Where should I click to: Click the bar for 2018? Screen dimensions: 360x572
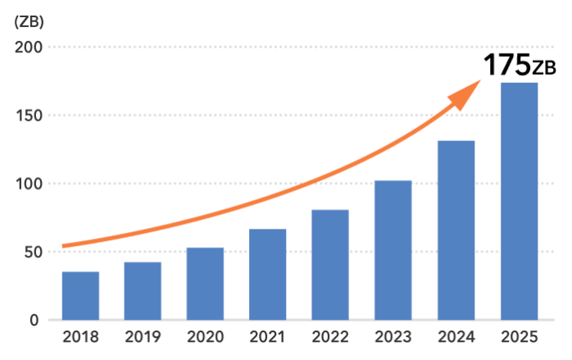coord(80,295)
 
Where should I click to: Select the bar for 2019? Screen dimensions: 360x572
coord(143,290)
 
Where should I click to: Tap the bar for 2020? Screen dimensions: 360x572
coord(205,283)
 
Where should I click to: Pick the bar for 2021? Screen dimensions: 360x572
coord(268,274)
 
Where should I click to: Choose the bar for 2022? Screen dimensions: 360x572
coord(329,264)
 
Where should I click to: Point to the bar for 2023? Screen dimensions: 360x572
coord(393,249)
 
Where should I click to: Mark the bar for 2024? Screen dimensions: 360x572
coord(456,230)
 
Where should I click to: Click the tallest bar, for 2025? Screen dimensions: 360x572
coord(520,201)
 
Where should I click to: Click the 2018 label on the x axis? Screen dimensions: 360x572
coord(80,337)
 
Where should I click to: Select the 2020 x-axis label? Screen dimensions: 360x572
coord(205,337)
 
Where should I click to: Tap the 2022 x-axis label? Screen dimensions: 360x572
coord(329,337)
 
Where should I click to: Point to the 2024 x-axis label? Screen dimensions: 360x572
coord(456,337)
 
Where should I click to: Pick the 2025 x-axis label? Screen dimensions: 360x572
coord(520,337)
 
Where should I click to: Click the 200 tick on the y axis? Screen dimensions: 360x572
coord(29,48)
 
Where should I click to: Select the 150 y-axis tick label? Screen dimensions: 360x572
coord(29,116)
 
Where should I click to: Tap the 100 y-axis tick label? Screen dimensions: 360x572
coord(29,184)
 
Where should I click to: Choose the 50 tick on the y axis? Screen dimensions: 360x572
coord(33,252)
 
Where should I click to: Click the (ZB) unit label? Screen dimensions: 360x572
coord(29,22)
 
